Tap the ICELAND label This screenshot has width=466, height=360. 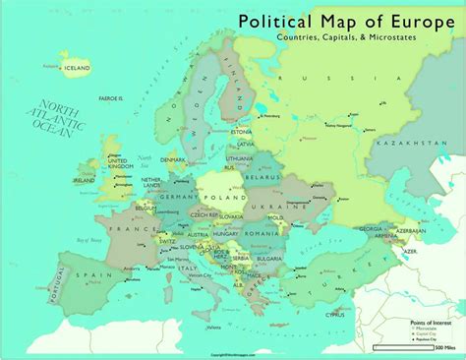[76, 68]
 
